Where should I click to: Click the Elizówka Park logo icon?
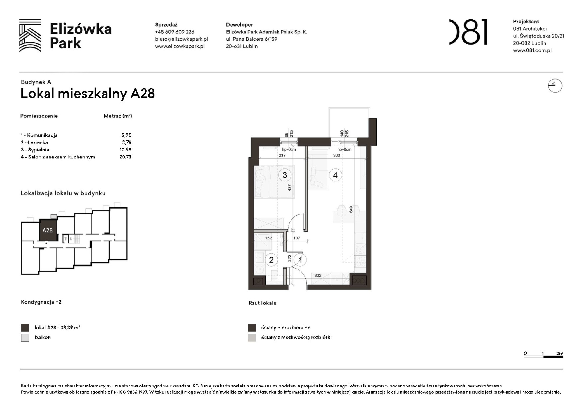pos(30,36)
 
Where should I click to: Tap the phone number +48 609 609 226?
pos(174,32)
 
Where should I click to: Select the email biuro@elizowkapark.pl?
pos(181,39)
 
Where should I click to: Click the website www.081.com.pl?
pos(532,50)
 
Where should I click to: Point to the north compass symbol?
pos(555,86)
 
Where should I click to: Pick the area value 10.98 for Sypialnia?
pos(125,149)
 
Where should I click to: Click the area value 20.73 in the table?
pos(125,157)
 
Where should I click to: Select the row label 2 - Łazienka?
pos(34,142)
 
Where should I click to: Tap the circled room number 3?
pos(285,175)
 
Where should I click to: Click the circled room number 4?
pos(335,175)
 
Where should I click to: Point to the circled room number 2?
pos(271,260)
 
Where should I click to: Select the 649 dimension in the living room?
pos(351,209)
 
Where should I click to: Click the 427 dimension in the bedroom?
pos(289,188)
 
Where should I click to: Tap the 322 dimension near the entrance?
pos(318,275)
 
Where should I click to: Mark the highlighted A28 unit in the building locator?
pos(48,230)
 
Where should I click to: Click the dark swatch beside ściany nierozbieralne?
pos(252,328)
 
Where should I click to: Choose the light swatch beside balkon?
pos(25,338)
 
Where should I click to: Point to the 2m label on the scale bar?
pos(560,353)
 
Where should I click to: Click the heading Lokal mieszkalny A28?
pos(87,94)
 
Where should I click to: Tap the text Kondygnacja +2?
pos(41,302)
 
